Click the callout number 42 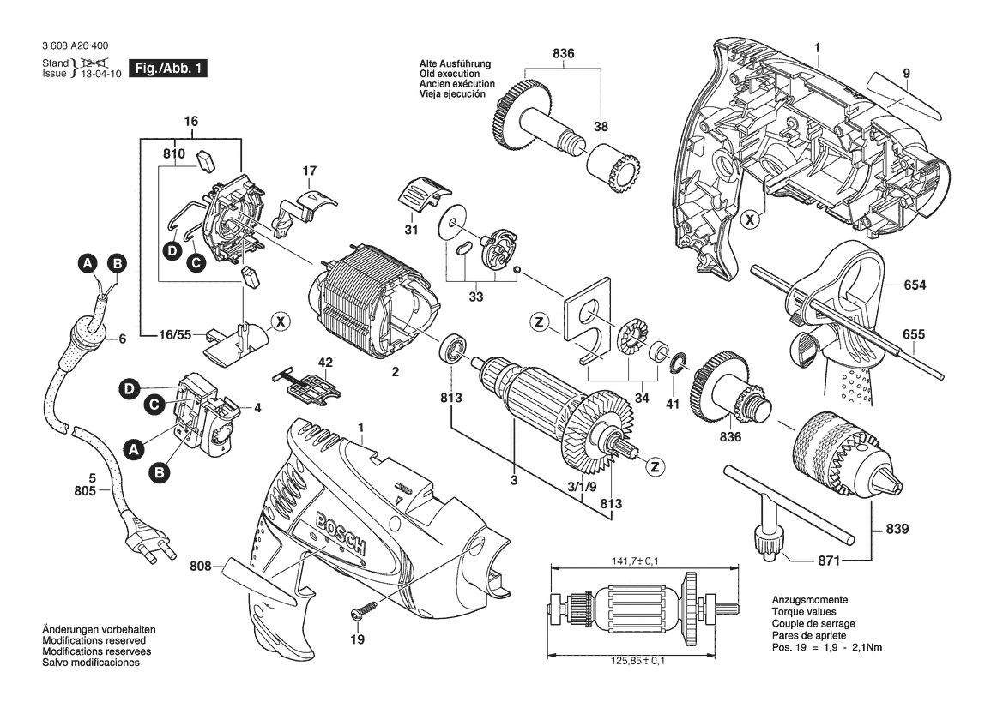[325, 363]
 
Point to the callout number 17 [311, 171]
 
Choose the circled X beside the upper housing [751, 219]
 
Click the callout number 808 [202, 566]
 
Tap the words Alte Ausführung [455, 64]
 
